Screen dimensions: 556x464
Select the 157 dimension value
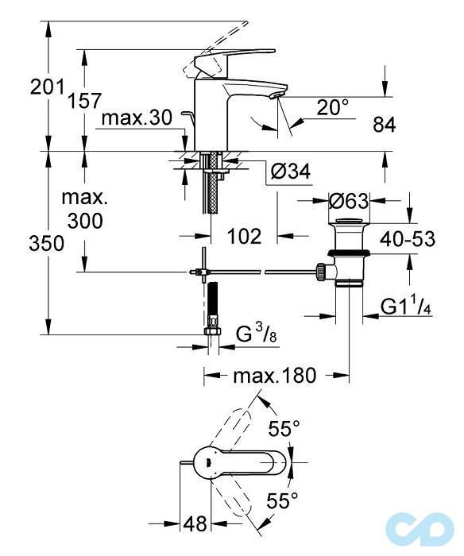pyautogui.click(x=85, y=101)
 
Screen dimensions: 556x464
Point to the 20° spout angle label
pyautogui.click(x=332, y=107)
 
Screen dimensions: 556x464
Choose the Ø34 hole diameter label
pyautogui.click(x=290, y=171)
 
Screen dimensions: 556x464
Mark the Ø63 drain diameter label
pyautogui.click(x=350, y=202)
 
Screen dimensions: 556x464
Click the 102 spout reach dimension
pyautogui.click(x=243, y=236)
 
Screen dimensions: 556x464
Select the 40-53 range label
pyautogui.click(x=406, y=239)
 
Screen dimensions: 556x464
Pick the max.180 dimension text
pyautogui.click(x=275, y=374)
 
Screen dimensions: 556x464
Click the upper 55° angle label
pyautogui.click(x=284, y=430)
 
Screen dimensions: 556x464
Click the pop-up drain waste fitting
pyautogui.click(x=347, y=250)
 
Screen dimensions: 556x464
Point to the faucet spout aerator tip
pyautogui.click(x=275, y=95)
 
